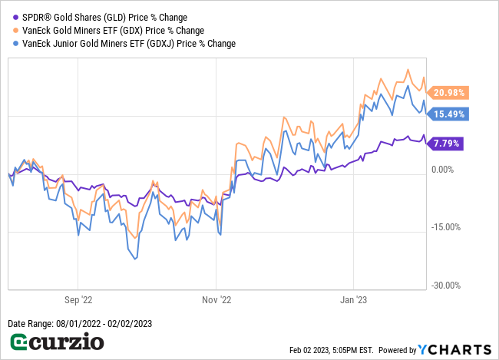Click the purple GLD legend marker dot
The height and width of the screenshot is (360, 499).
(14, 17)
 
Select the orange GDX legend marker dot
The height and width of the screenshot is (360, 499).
(14, 30)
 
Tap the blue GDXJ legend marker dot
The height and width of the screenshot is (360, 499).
(14, 44)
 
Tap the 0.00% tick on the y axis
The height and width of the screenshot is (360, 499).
(444, 170)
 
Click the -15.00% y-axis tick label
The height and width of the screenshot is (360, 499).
(443, 227)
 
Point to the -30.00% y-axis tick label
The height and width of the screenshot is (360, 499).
(443, 286)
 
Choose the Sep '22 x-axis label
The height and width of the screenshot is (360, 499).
(78, 301)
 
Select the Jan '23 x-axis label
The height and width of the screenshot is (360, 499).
(353, 301)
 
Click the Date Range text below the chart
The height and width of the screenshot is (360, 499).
(80, 324)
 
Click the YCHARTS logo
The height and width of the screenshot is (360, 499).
(453, 349)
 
